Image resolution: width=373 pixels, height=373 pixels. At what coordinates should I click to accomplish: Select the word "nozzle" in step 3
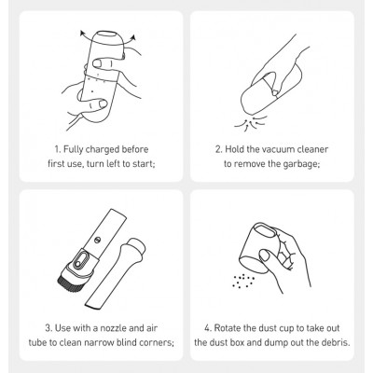click(x=113, y=328)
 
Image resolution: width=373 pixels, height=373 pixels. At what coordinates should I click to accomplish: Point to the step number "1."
click(x=58, y=149)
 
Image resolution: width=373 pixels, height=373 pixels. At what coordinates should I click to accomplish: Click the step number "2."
click(x=219, y=149)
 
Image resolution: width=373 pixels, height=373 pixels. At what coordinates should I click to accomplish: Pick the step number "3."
click(x=48, y=328)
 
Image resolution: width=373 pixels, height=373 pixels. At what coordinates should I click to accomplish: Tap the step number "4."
click(x=208, y=328)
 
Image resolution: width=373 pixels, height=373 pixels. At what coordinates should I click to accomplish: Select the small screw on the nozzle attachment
click(x=98, y=240)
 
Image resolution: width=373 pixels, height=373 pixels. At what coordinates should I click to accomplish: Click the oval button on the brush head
click(x=81, y=259)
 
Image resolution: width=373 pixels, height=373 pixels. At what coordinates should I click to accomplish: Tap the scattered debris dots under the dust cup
click(x=243, y=281)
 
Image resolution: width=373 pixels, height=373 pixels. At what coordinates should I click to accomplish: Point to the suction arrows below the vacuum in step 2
click(x=251, y=122)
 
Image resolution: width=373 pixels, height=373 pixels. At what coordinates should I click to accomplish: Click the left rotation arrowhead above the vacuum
click(x=82, y=33)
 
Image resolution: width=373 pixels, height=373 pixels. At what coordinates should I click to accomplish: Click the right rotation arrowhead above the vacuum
click(x=134, y=38)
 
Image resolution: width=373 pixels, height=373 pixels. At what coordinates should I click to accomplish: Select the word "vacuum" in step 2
click(x=277, y=149)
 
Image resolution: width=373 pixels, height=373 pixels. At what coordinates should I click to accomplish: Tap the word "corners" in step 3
click(x=157, y=343)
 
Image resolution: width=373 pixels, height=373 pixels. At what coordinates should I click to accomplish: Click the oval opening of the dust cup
click(x=266, y=231)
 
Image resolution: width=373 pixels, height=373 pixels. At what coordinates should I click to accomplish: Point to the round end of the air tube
click(x=136, y=246)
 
